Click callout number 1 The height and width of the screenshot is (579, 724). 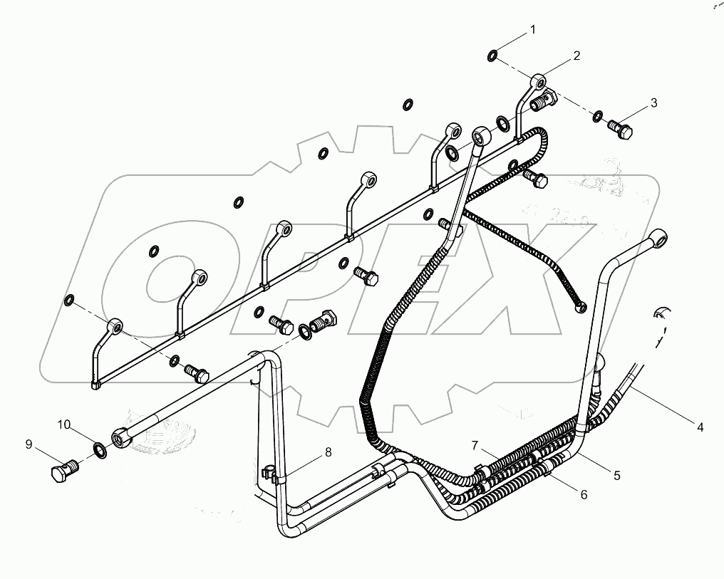(x=531, y=30)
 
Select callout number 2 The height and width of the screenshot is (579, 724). (x=576, y=55)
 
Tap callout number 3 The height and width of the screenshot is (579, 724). (x=653, y=104)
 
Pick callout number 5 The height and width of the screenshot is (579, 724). (x=617, y=475)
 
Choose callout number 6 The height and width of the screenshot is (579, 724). (x=584, y=494)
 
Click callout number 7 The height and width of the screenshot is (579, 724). (x=475, y=445)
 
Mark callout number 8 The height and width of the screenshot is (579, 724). (x=329, y=452)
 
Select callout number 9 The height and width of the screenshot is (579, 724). (x=29, y=444)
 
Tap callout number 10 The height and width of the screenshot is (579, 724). (x=64, y=425)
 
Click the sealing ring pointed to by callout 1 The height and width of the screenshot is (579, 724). (x=492, y=55)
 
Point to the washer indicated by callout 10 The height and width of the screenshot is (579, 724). (x=100, y=450)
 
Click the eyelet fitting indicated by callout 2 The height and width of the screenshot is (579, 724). (x=539, y=80)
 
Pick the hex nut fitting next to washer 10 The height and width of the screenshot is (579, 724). (x=121, y=437)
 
